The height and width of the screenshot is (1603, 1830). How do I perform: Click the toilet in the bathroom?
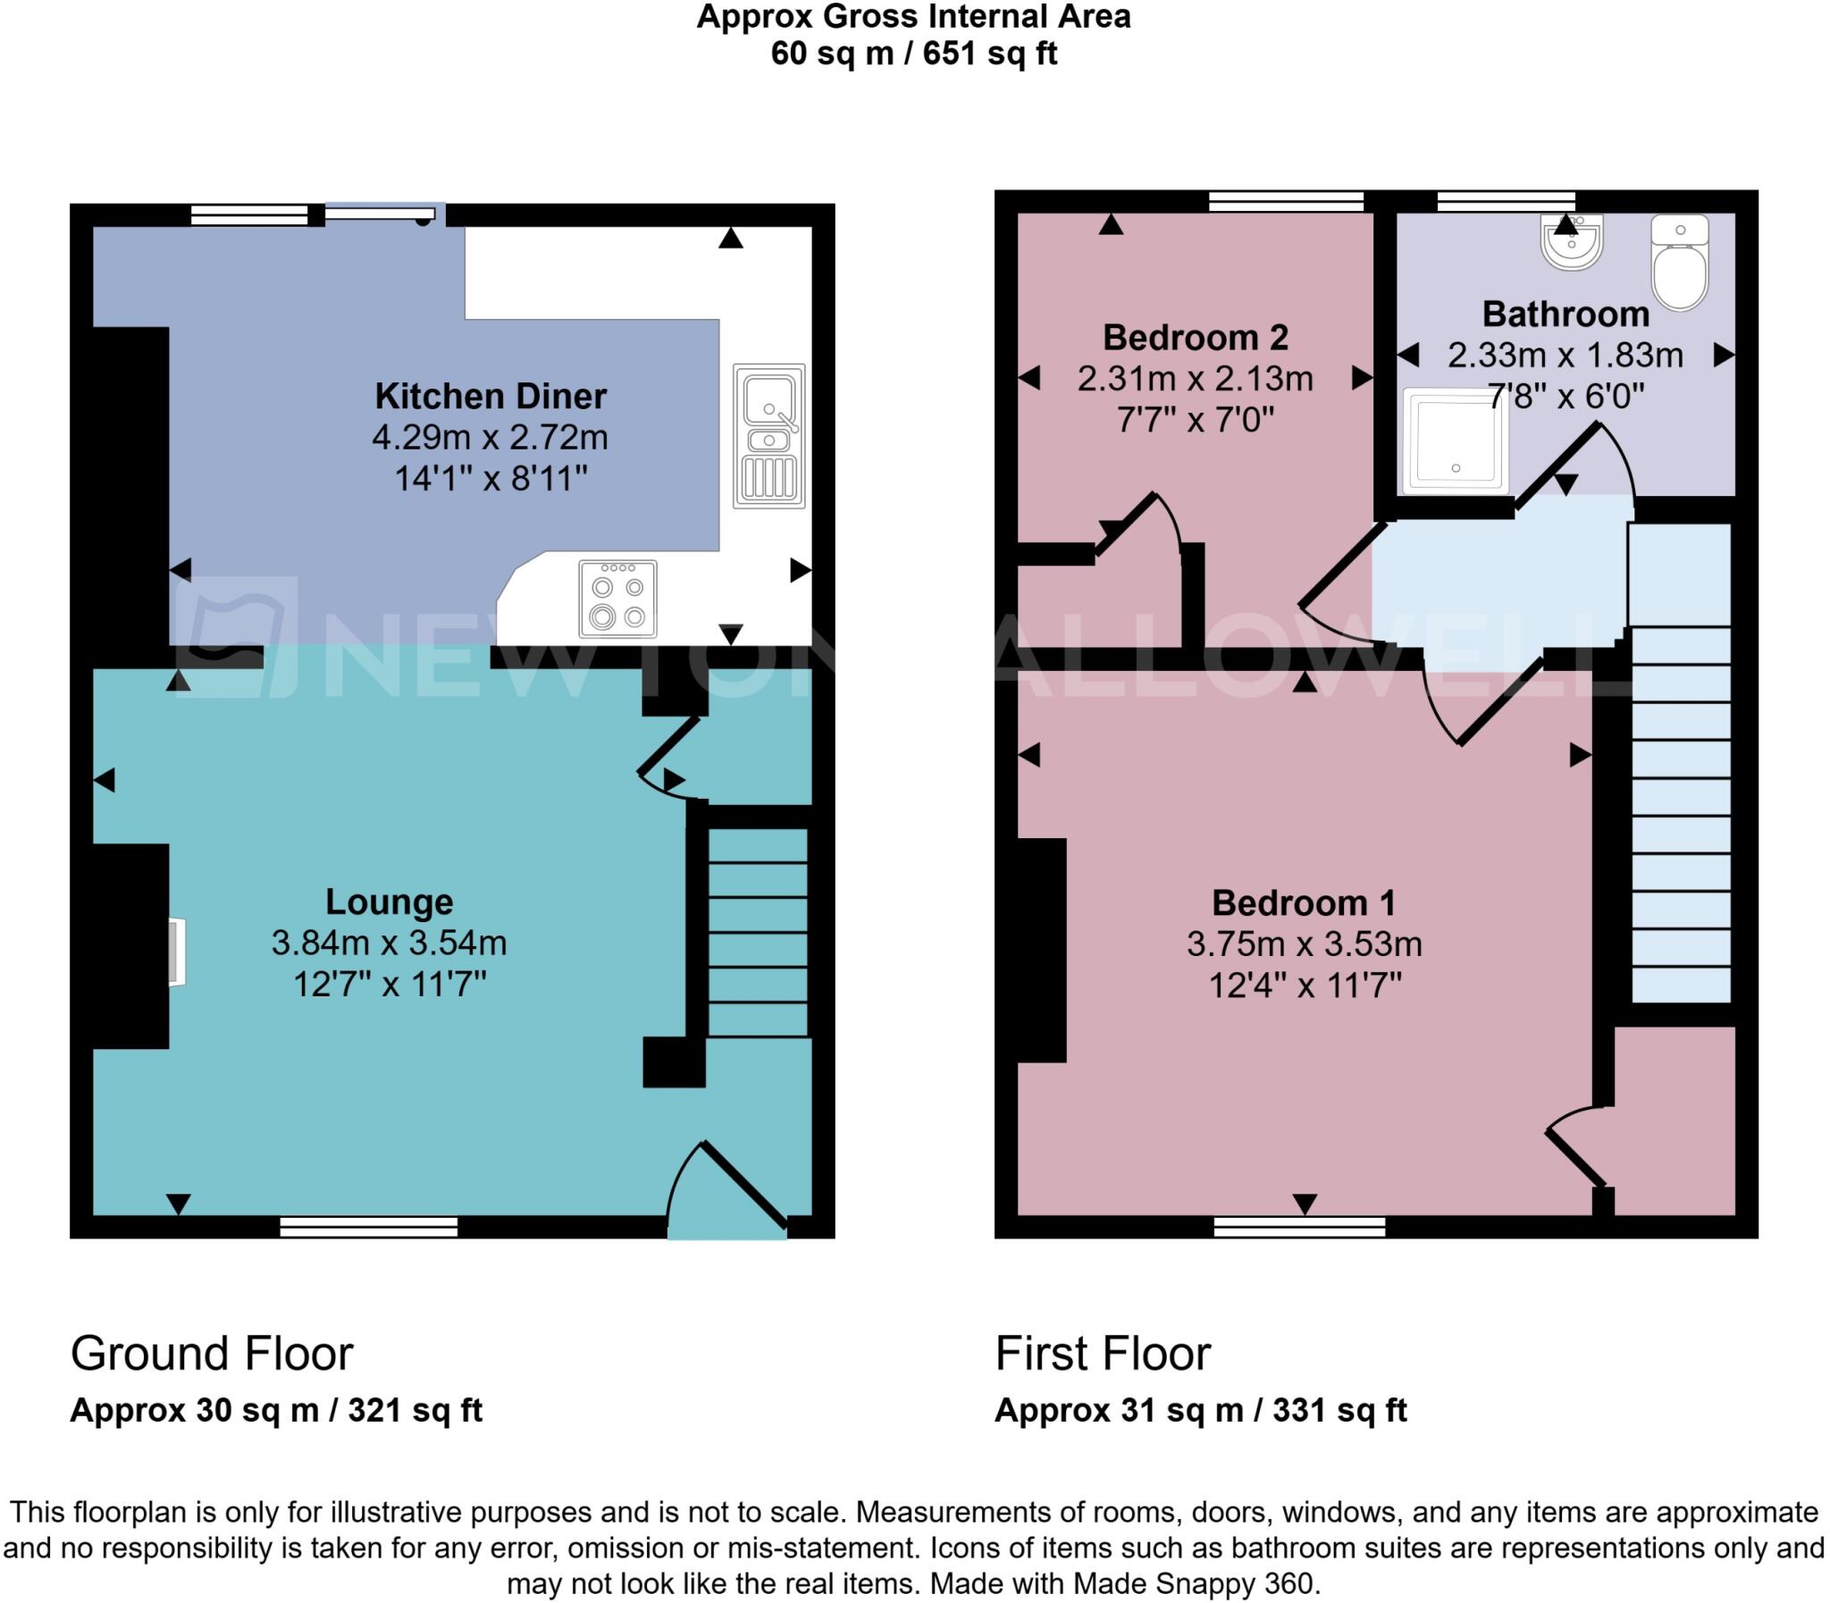[x=1679, y=264]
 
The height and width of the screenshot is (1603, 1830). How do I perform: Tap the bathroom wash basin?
[x=1571, y=242]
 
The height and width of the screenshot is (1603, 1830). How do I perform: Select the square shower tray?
[x=1455, y=441]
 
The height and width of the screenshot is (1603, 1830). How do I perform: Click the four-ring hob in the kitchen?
[x=617, y=599]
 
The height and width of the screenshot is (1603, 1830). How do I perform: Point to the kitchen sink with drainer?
[x=768, y=436]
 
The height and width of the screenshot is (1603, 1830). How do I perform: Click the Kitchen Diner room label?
[x=491, y=395]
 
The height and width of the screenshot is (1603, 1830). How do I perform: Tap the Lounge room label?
[x=389, y=901]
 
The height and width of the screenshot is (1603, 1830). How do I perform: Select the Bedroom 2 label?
[x=1195, y=337]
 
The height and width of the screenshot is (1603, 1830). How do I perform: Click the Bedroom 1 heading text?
[x=1303, y=902]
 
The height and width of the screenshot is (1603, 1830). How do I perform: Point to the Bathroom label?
[x=1566, y=314]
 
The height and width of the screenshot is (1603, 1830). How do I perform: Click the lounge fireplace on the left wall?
[x=177, y=952]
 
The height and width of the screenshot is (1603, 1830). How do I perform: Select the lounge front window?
[x=368, y=1227]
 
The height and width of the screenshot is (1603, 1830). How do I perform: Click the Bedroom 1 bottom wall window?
[x=1298, y=1227]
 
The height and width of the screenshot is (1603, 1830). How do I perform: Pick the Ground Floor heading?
[x=212, y=1354]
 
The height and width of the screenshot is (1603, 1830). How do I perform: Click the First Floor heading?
[x=1102, y=1354]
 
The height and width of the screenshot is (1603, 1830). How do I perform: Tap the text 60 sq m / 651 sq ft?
[x=913, y=54]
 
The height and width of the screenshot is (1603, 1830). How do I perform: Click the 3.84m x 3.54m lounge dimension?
[x=389, y=943]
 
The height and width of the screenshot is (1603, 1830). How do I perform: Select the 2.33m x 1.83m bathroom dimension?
[x=1566, y=355]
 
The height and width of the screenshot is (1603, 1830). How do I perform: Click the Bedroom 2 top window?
[x=1285, y=201]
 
